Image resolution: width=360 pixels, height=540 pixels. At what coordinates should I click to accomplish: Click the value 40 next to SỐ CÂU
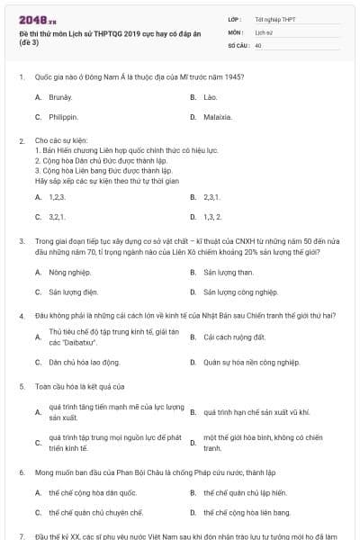258,44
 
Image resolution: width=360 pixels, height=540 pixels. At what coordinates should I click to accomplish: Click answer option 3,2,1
57,217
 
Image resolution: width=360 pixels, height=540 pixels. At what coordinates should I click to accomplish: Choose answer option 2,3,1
212,196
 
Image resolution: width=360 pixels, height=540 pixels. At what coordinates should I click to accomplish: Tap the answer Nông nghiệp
69,271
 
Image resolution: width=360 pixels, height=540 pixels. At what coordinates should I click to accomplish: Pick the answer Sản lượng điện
72,292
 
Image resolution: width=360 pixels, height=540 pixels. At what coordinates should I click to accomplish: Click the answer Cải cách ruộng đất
234,337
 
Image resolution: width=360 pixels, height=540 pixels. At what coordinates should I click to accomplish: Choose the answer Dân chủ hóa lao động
84,362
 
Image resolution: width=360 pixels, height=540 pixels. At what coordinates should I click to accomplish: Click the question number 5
21,386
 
